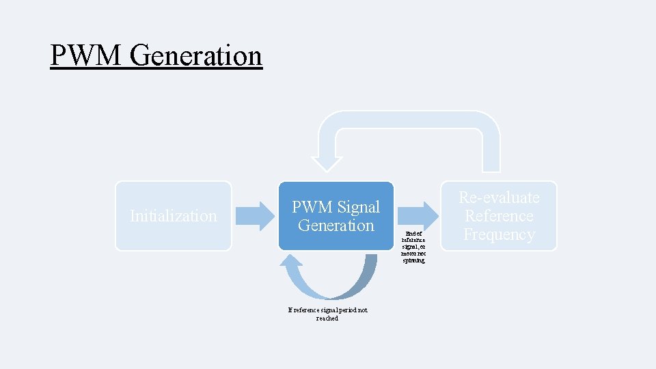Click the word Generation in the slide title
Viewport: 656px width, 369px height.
[x=195, y=55]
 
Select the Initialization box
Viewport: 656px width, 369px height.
[x=173, y=216]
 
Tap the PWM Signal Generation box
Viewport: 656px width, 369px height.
[x=336, y=216]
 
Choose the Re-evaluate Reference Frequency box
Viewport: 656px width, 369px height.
[x=499, y=216]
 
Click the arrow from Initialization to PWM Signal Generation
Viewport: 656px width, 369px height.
[x=254, y=216]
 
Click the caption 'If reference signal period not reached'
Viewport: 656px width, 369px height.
[x=327, y=314]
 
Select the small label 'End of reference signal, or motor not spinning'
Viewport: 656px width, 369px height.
[x=413, y=247]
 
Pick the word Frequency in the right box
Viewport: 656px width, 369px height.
[x=499, y=234]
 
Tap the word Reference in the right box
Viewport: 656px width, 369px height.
[x=499, y=216]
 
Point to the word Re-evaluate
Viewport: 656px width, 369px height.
[x=499, y=197]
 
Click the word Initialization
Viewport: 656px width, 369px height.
[x=173, y=216]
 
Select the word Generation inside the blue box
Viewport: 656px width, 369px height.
[x=336, y=225]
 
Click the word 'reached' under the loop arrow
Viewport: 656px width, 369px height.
[x=327, y=318]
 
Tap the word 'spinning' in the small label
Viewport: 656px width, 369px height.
[x=413, y=261]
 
